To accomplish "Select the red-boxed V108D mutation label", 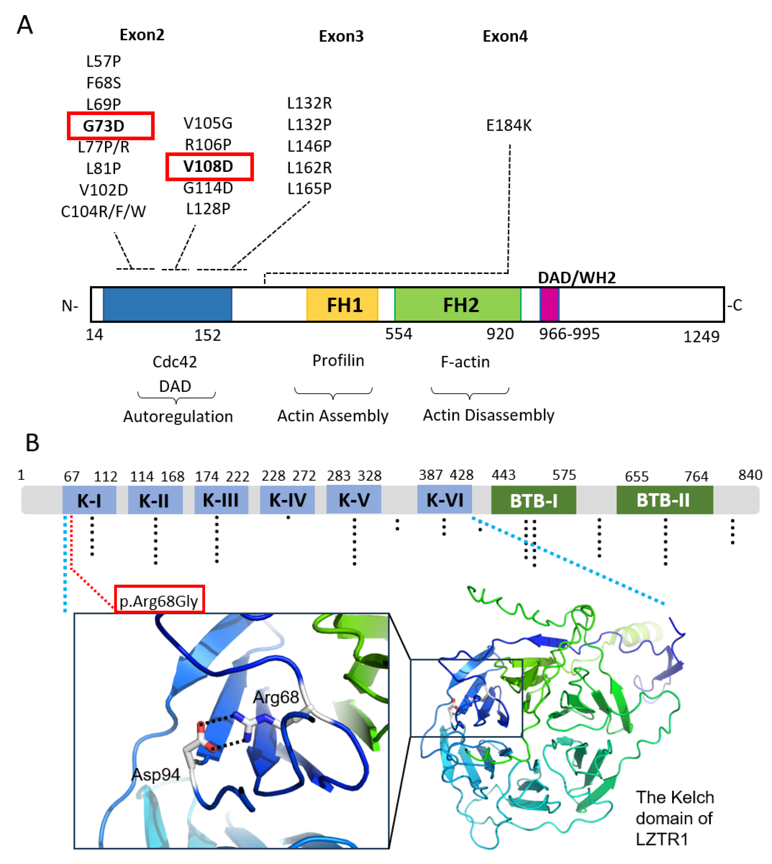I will point(209,167).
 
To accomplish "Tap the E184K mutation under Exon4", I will point(508,125).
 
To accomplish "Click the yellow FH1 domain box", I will point(342,305).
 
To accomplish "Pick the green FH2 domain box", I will point(458,305).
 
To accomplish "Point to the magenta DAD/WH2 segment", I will point(549,305).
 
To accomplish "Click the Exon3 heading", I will point(341,36).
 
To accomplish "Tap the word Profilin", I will point(338,360).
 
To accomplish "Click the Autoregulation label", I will point(178,416).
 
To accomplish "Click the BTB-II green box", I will point(664,500).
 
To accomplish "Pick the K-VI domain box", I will point(444,500).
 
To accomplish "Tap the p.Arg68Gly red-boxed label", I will point(159,601).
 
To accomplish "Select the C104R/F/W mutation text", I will point(103,211).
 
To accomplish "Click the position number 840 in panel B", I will point(750,475).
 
